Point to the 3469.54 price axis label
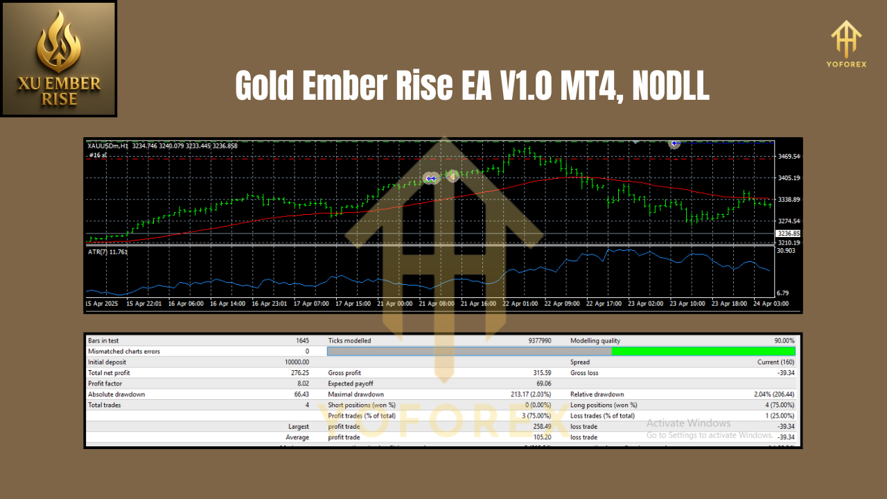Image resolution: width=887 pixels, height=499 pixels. tap(789, 157)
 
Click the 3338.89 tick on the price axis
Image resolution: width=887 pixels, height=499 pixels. tap(789, 200)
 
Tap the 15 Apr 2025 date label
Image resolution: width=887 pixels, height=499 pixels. tap(103, 304)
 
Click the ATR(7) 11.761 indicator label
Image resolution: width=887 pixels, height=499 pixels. tap(108, 252)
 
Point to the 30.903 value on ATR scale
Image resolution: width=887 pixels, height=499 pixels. tap(786, 251)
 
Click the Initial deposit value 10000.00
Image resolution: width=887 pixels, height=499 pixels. tap(297, 362)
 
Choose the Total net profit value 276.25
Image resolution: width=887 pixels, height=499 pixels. tap(299, 373)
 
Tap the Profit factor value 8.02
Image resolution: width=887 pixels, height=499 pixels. tap(303, 383)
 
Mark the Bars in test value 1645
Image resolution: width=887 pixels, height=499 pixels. tap(301, 341)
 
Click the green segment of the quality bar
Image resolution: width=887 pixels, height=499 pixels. tap(703, 351)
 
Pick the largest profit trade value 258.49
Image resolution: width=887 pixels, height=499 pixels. tap(540, 426)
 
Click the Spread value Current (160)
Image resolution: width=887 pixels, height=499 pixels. tap(776, 362)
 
